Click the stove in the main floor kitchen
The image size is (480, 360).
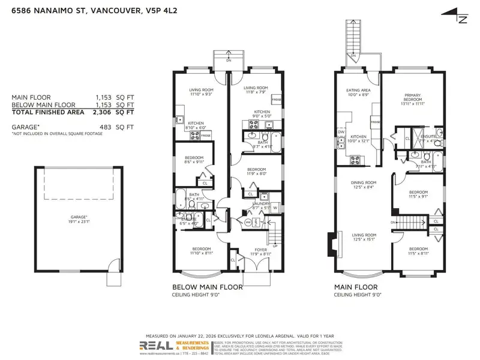click(x=354, y=160)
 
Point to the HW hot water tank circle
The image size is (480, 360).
click(x=248, y=222)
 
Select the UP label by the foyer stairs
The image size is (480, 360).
click(x=275, y=245)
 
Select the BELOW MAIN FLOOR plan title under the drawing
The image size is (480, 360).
click(x=207, y=287)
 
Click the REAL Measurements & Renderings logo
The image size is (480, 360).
click(x=174, y=347)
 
